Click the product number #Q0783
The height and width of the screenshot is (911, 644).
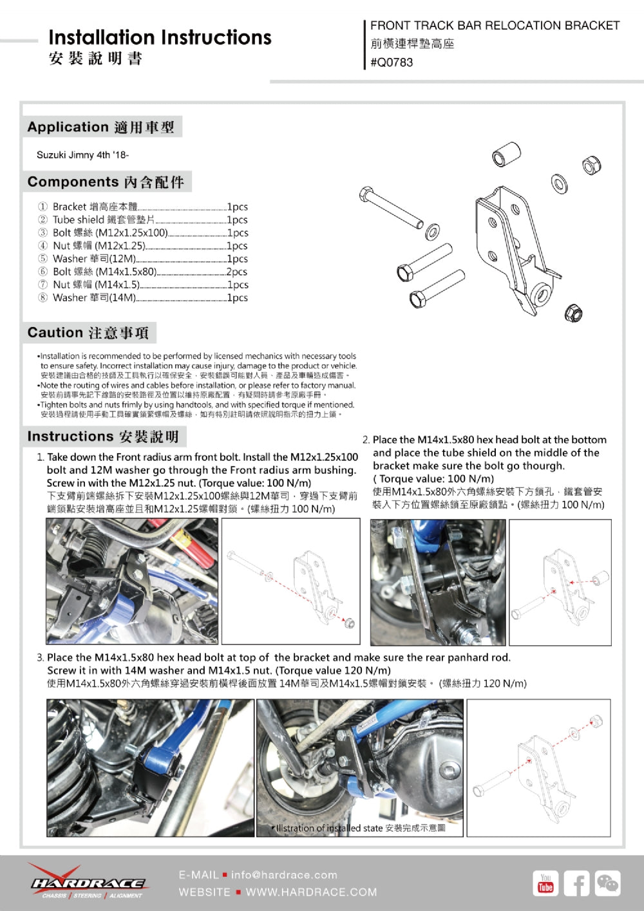click(x=392, y=62)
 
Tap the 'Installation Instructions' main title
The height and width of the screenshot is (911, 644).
click(x=160, y=37)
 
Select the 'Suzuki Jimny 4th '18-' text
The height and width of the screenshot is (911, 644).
click(x=82, y=155)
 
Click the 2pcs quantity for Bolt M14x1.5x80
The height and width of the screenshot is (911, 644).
click(x=237, y=272)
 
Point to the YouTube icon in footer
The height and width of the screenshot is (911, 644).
click(x=545, y=883)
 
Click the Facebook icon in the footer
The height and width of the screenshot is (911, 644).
click(x=576, y=883)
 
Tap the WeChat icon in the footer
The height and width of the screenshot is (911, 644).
click(x=607, y=883)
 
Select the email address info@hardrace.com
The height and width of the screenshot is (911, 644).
click(x=284, y=875)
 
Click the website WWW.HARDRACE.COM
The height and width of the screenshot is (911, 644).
click(x=311, y=892)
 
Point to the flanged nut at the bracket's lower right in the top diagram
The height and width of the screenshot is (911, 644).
click(x=573, y=313)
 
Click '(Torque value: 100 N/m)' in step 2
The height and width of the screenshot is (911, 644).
click(x=433, y=478)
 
